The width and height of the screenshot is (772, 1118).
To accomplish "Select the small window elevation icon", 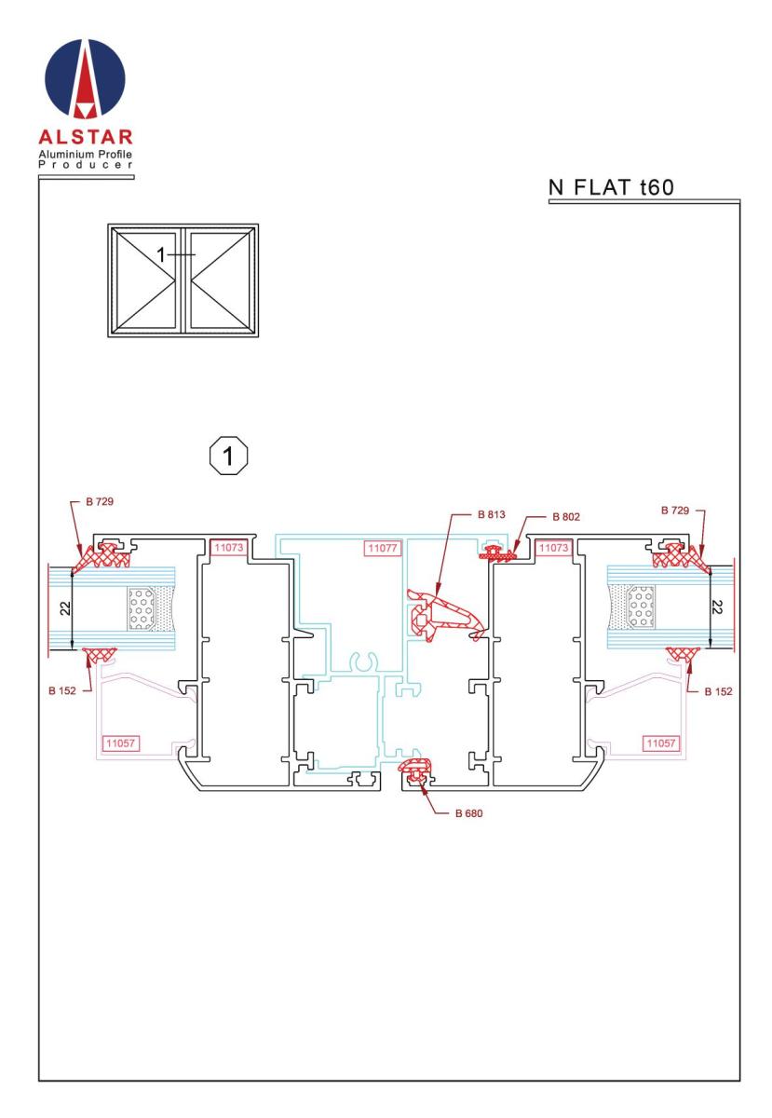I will (x=183, y=278).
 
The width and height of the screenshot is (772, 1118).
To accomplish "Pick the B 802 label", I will (x=564, y=516).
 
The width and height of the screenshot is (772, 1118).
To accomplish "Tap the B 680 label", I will (x=470, y=812).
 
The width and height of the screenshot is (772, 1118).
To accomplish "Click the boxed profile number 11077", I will (x=382, y=548).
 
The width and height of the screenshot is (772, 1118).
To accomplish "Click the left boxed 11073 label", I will (x=229, y=548).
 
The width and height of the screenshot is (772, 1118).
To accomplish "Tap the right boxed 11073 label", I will (x=553, y=548).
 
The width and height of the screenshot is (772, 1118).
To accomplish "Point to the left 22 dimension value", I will (x=61, y=608).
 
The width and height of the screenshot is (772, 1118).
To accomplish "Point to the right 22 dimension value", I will (x=718, y=608).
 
